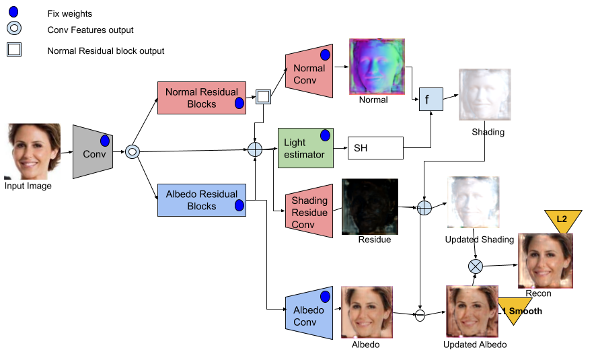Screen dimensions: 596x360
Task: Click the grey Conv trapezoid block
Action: pyautogui.click(x=92, y=152)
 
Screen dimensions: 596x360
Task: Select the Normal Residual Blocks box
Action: pyautogui.click(x=201, y=98)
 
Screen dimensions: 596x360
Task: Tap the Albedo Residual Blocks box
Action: pyautogui.click(x=201, y=200)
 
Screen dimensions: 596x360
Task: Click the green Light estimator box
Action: pyautogui.click(x=305, y=148)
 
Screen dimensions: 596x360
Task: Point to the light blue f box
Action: pyautogui.click(x=431, y=100)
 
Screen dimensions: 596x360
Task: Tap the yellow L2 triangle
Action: pyautogui.click(x=562, y=219)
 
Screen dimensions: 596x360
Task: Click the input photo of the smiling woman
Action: pyautogui.click(x=32, y=151)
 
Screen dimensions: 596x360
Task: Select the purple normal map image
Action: pyautogui.click(x=377, y=66)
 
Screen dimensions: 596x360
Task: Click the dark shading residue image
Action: pyautogui.click(x=369, y=206)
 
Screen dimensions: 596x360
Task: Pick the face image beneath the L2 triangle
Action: pyautogui.click(x=546, y=260)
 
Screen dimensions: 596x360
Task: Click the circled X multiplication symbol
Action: pyautogui.click(x=476, y=266)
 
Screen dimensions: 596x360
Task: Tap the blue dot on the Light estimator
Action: pyautogui.click(x=325, y=136)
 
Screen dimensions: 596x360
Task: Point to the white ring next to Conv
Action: pyautogui.click(x=133, y=151)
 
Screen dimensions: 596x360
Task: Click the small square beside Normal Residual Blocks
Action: pyautogui.click(x=263, y=98)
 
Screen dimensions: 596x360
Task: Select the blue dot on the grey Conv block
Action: pyautogui.click(x=105, y=141)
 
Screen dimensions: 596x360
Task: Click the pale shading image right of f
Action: pyautogui.click(x=484, y=94)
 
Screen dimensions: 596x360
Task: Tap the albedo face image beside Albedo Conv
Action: pyautogui.click(x=367, y=312)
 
